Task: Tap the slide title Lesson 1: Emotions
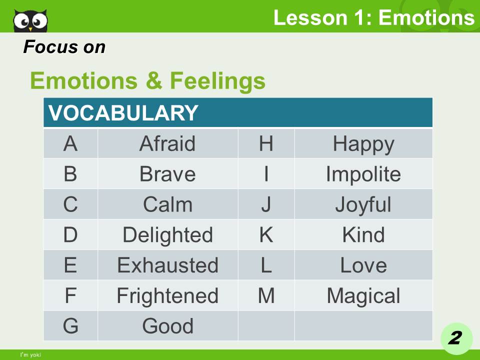tap(373, 17)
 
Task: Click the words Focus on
tap(64, 47)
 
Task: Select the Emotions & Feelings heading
tap(147, 80)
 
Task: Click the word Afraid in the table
tap(167, 144)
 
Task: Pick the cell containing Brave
tap(167, 174)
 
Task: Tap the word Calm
tap(167, 205)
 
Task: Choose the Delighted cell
tap(167, 235)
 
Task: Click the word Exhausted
tap(167, 265)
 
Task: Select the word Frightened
tap(167, 296)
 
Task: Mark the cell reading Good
tap(167, 326)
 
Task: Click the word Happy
tap(363, 144)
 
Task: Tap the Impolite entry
tap(363, 174)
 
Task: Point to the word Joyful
tap(363, 205)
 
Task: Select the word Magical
tap(363, 296)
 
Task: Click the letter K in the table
tap(266, 235)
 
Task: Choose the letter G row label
tap(70, 326)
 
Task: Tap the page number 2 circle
tap(455, 338)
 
